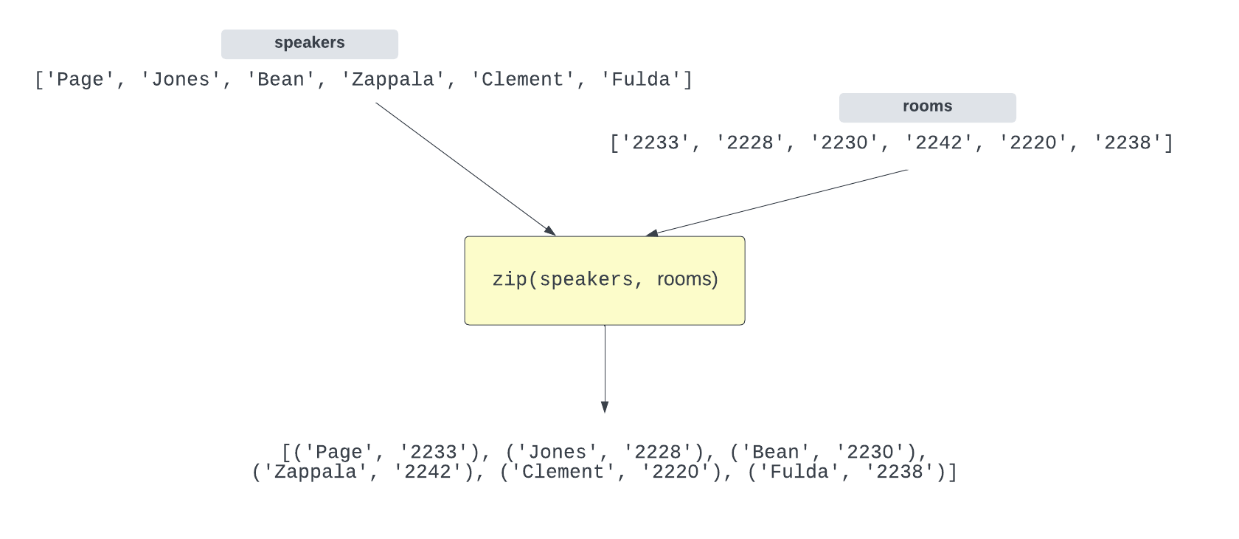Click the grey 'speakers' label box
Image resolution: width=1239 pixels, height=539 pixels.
[x=309, y=44]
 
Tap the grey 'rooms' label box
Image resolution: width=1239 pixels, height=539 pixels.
[x=927, y=107]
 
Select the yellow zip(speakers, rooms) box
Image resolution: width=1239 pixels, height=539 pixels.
[x=604, y=281]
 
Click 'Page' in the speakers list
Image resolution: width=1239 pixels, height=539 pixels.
[x=80, y=80]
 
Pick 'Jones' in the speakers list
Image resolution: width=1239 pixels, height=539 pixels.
[x=180, y=80]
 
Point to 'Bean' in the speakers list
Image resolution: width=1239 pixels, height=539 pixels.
[x=280, y=80]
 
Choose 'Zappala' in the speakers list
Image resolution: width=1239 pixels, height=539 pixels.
[x=392, y=80]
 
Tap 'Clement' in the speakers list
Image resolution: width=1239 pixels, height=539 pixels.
[x=522, y=80]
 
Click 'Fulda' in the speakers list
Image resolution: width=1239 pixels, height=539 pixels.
[x=640, y=80]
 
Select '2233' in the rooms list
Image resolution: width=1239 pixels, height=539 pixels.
[x=655, y=143]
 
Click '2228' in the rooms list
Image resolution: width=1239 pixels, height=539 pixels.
[x=749, y=143]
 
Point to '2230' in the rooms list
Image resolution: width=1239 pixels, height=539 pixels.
[x=844, y=143]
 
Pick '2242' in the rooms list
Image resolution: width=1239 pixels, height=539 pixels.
[x=938, y=143]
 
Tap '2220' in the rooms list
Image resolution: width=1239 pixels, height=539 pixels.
[x=1032, y=143]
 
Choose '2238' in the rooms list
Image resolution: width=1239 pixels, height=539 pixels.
[x=1127, y=143]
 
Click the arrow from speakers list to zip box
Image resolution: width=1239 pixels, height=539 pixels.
[x=465, y=168]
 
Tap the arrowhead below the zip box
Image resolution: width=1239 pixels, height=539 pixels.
[x=605, y=407]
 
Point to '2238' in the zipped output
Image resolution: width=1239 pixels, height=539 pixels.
[x=899, y=473]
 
